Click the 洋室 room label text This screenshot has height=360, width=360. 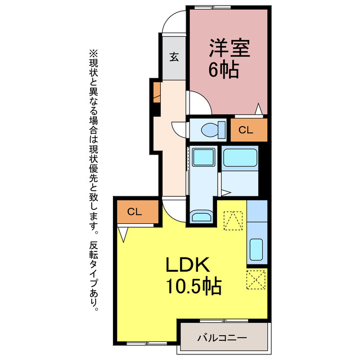pos(229,48)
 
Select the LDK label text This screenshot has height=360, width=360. pos(187,265)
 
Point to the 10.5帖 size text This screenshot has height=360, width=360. pos(193,287)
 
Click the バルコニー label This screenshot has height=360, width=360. pos(222,338)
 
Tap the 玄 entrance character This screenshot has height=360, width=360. pos(174,57)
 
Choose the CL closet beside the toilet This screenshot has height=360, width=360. pos(246,130)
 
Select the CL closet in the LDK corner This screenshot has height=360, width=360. pos(134,212)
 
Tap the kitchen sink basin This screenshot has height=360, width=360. pos(256,248)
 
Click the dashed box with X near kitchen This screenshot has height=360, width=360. pos(256,278)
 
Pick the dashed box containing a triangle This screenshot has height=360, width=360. pos(233,220)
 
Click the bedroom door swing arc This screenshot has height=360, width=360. pos(199,102)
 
